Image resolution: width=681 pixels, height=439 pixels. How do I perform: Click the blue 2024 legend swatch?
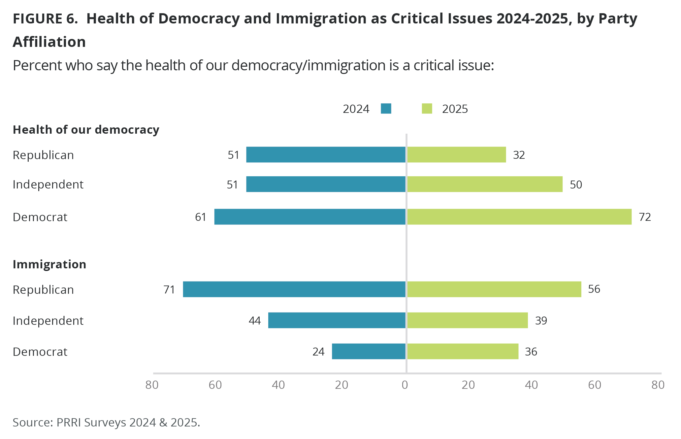click(x=386, y=109)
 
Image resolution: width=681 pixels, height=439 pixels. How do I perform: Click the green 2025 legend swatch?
click(x=427, y=109)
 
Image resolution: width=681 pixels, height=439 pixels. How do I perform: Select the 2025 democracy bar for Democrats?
click(x=519, y=217)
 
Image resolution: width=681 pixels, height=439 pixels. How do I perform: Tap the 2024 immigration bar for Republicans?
click(x=294, y=289)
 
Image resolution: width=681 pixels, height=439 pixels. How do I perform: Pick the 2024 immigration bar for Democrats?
click(x=369, y=351)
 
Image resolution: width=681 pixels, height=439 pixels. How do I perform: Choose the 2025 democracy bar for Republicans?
click(x=457, y=154)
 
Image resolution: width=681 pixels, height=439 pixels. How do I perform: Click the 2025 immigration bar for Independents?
click(x=468, y=320)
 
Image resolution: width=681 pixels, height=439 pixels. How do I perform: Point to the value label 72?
click(x=645, y=217)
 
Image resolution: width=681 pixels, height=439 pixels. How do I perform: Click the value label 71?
click(x=169, y=289)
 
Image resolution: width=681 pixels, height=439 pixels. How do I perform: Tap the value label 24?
click(x=318, y=352)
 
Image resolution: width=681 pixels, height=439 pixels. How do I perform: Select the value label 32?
click(x=519, y=155)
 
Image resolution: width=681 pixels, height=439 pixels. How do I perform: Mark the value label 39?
click(x=541, y=321)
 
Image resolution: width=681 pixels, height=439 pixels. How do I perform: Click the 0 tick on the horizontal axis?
click(x=405, y=385)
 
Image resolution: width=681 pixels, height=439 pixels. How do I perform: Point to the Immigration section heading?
click(x=49, y=264)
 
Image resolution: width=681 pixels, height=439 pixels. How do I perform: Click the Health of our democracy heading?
click(x=86, y=130)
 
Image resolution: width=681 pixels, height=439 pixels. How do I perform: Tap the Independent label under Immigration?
click(x=48, y=321)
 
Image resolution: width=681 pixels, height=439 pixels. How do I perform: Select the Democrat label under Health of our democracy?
click(x=40, y=217)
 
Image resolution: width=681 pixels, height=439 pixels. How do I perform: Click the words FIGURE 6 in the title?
click(x=45, y=18)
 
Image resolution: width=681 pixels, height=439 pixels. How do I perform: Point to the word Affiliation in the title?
click(x=49, y=42)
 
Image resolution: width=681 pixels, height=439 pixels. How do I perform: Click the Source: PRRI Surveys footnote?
click(x=106, y=422)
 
